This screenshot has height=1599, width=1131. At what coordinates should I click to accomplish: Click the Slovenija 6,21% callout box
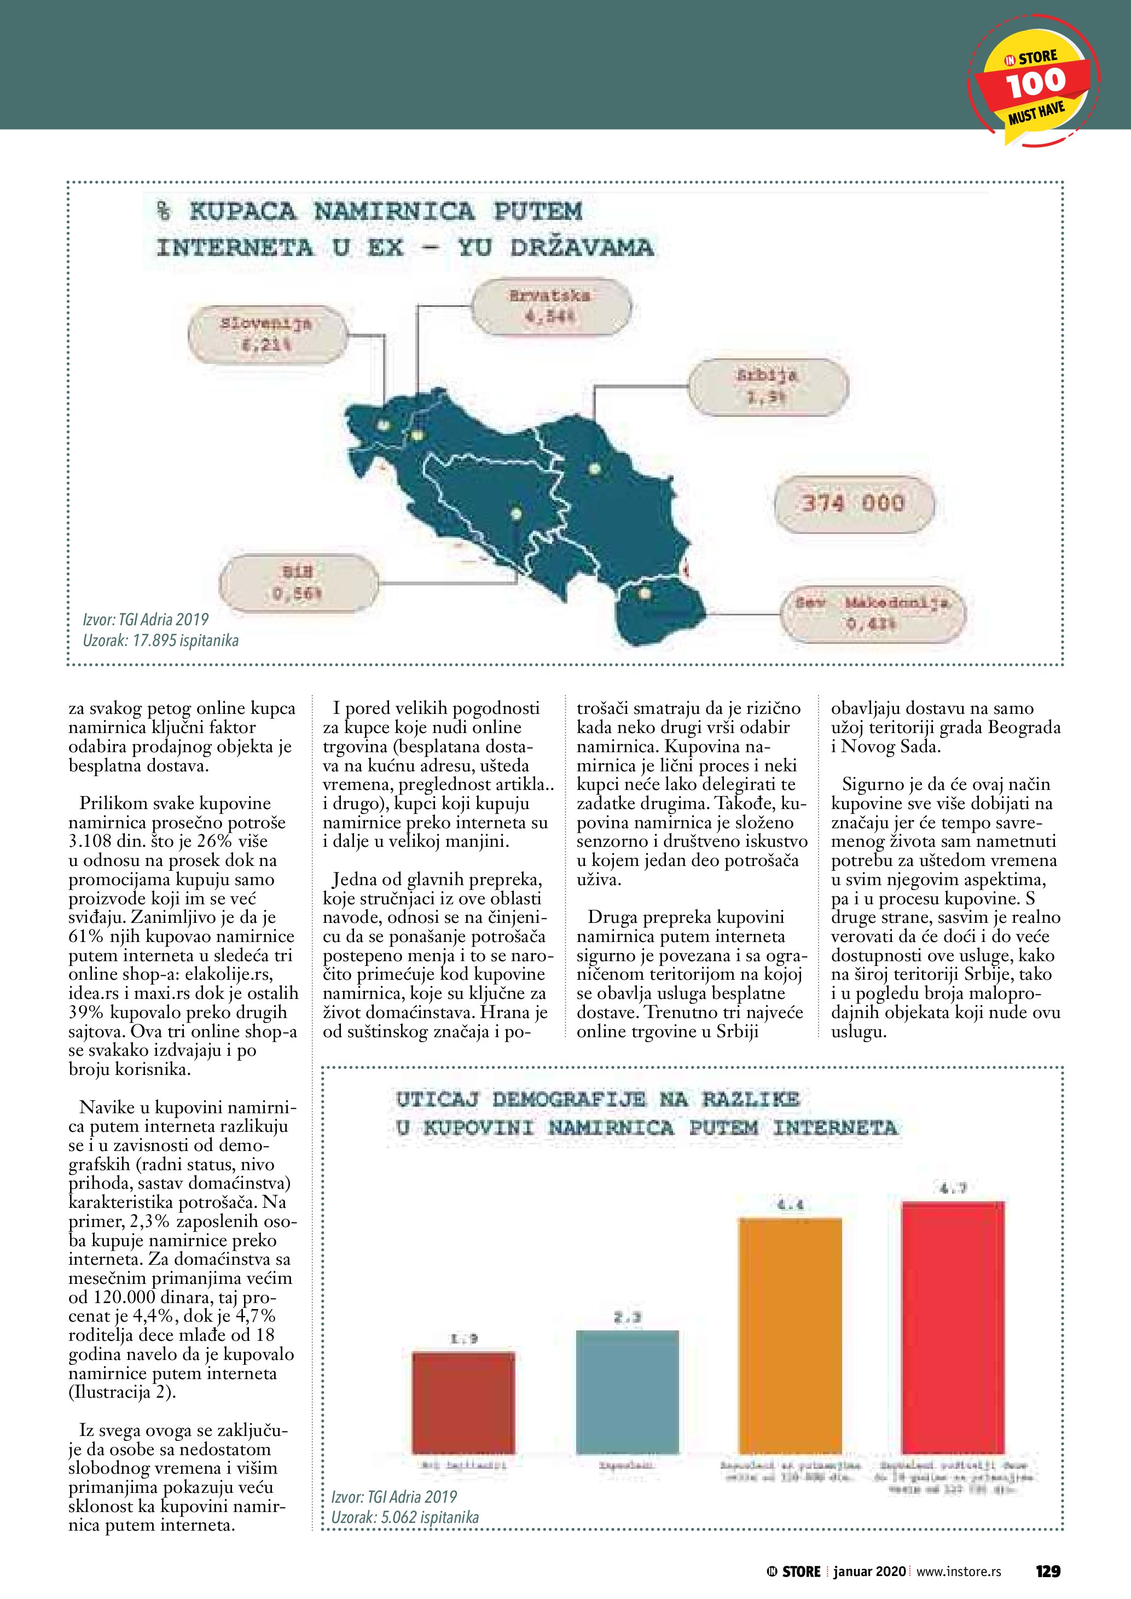(x=266, y=334)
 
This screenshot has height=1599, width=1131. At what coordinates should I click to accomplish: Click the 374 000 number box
(x=853, y=503)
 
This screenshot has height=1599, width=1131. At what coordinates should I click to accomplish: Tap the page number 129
(x=1047, y=1551)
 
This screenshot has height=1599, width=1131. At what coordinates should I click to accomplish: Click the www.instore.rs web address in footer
(x=958, y=1551)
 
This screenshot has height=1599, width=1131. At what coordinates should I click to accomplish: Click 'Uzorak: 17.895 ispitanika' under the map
(x=161, y=641)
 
